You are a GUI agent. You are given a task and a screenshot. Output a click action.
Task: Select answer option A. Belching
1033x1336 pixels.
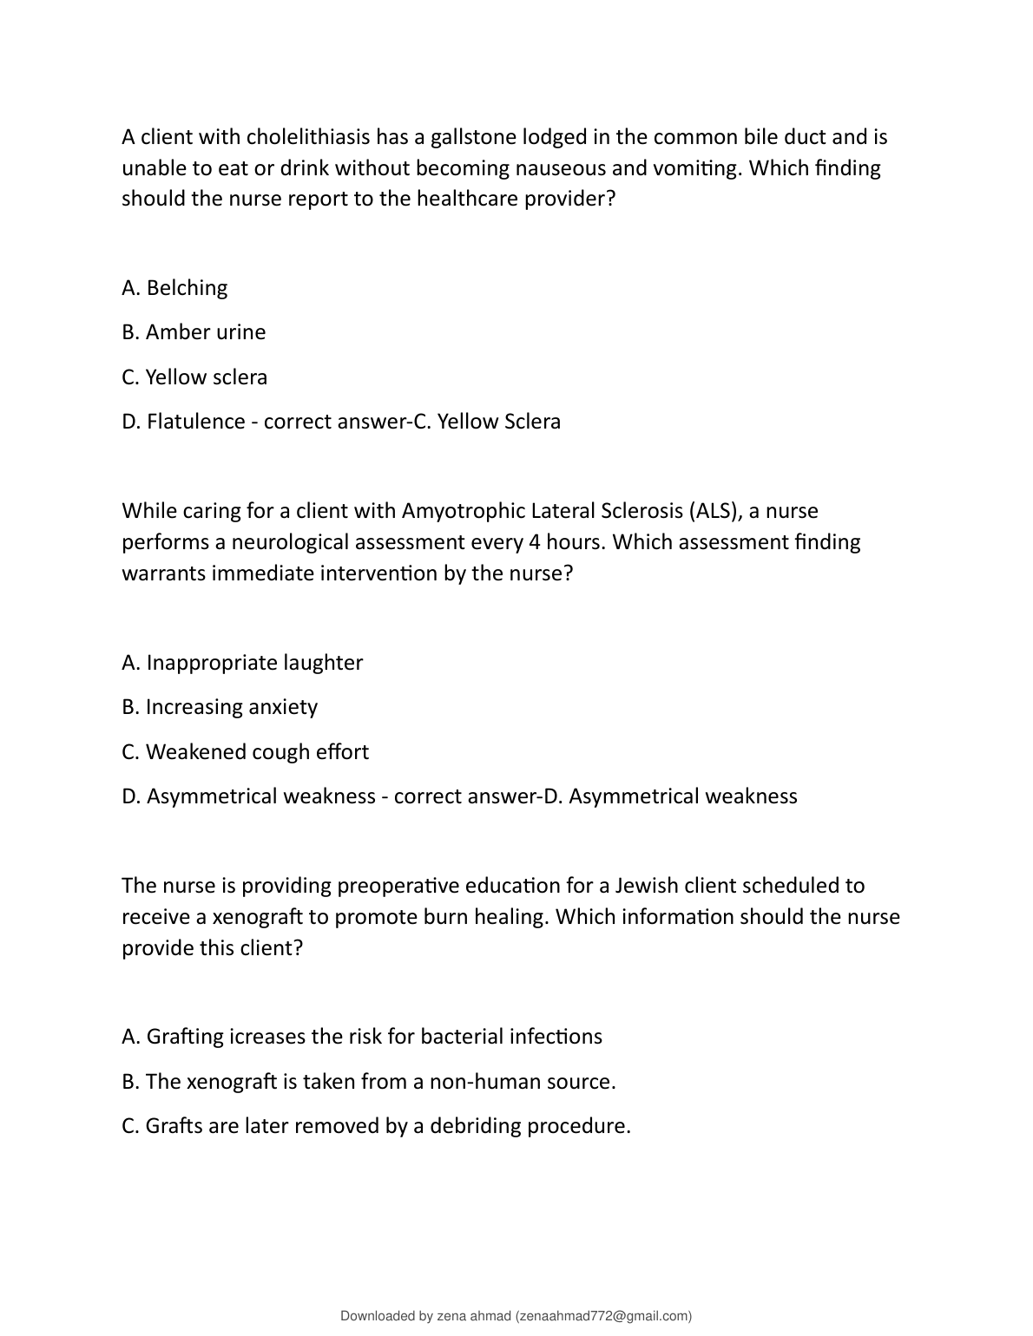tap(174, 288)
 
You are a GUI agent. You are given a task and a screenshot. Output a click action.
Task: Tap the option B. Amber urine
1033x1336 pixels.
tap(194, 332)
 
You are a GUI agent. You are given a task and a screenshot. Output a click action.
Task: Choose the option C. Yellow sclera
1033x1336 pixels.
tap(194, 377)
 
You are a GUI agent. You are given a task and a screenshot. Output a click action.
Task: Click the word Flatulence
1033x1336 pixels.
tap(195, 422)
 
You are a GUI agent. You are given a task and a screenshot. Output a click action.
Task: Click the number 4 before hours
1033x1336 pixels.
tap(534, 542)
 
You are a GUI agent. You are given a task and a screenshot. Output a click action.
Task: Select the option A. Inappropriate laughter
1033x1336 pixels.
tap(242, 663)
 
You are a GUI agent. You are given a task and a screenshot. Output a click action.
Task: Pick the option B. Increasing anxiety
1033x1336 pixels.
tap(220, 707)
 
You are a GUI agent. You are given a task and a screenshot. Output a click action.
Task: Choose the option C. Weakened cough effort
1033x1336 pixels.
tap(245, 752)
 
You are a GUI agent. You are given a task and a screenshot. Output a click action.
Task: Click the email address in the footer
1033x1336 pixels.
tap(603, 1316)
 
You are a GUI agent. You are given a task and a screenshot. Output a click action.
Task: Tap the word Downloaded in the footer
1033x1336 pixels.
tap(378, 1316)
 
